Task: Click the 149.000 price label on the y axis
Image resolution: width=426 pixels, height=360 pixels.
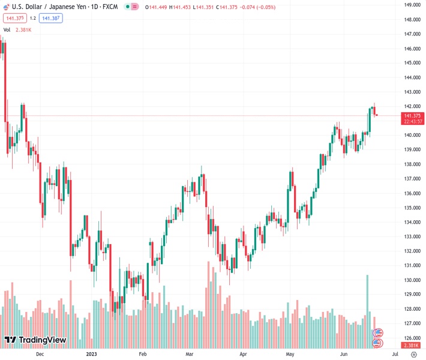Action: tap(412, 5)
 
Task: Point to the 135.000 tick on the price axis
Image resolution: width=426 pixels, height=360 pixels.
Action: tap(412, 208)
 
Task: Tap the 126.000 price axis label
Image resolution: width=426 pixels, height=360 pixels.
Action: tap(412, 338)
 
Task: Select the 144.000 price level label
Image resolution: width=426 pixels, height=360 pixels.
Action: tap(412, 77)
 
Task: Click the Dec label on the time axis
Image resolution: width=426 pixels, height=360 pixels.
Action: tap(40, 354)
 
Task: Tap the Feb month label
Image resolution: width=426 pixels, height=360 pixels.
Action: tap(143, 354)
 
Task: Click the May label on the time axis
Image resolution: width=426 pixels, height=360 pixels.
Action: tap(290, 354)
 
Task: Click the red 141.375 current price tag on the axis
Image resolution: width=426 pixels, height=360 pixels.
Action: tap(412, 115)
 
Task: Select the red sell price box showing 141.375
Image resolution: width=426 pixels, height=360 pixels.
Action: tap(14, 18)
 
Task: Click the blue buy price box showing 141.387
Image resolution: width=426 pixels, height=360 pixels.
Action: tap(52, 18)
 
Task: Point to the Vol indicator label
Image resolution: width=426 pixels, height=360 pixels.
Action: tap(7, 29)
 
